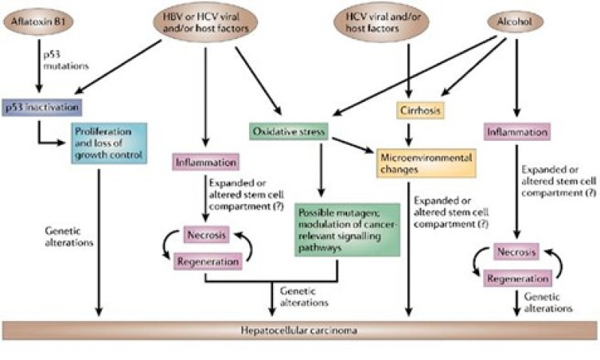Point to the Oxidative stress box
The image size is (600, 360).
pyautogui.click(x=288, y=131)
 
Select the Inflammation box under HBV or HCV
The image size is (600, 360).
pyautogui.click(x=205, y=162)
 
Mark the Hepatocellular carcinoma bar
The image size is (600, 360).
pyautogui.click(x=300, y=329)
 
